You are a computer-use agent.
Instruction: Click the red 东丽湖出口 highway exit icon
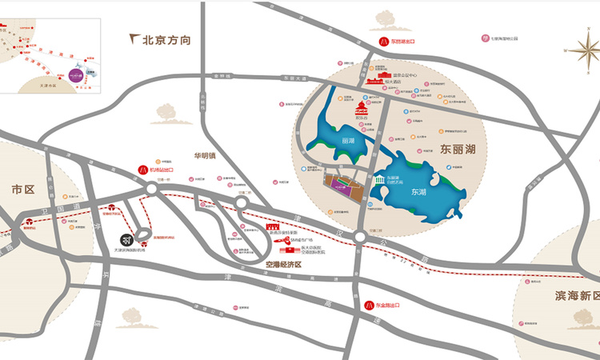pos(382,41)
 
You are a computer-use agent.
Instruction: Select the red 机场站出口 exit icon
pos(143,170)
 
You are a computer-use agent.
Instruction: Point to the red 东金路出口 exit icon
pos(370,306)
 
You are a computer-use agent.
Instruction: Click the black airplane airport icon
pos(126,238)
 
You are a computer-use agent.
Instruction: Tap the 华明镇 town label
pos(205,156)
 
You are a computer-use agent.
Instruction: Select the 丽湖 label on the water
pos(346,141)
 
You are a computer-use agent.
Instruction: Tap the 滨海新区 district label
pos(563,295)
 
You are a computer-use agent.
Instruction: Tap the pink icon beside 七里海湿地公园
pos(485,38)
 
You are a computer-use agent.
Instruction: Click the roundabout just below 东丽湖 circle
pos(359,237)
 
